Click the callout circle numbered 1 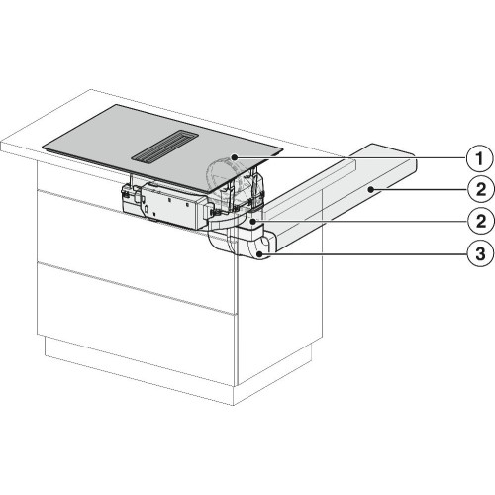click(x=479, y=159)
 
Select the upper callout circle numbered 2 click(x=481, y=190)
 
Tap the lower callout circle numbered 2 click(x=481, y=221)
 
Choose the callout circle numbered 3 click(x=481, y=253)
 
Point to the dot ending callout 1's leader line click(x=234, y=158)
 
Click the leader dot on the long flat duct click(x=371, y=189)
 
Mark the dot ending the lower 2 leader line click(x=252, y=222)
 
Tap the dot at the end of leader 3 click(x=260, y=253)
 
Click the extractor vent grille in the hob click(x=165, y=148)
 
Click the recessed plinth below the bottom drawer click(x=139, y=369)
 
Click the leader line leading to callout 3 click(x=364, y=253)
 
